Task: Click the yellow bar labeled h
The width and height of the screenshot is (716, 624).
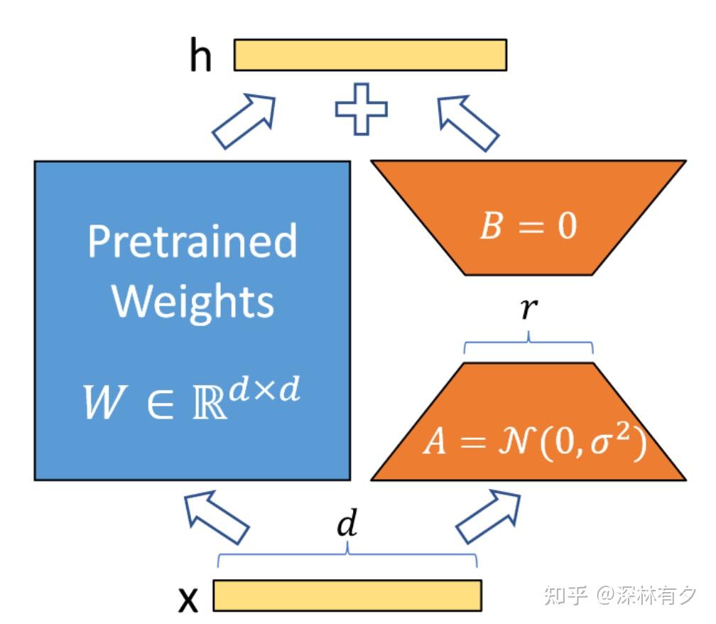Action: coord(370,55)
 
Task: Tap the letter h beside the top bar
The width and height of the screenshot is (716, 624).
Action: coord(200,57)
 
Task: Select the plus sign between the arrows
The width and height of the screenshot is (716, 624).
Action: coord(362,109)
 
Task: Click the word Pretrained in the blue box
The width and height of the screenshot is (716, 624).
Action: coord(192,242)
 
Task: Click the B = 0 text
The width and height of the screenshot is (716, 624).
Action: coord(528,227)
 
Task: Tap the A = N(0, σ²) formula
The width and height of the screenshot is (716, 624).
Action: coord(534,443)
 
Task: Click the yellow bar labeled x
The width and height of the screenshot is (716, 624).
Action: coord(347,595)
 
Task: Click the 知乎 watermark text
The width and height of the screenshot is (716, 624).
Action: coord(565,595)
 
